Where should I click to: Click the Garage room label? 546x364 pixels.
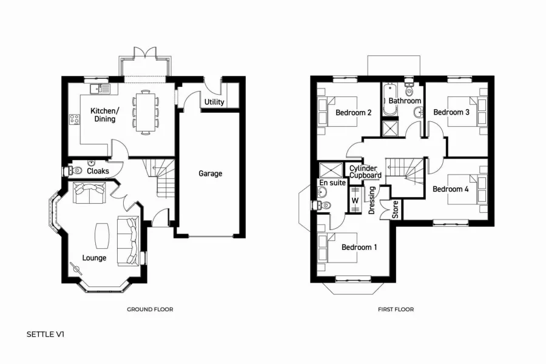[211, 174]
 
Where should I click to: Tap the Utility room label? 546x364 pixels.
[214, 102]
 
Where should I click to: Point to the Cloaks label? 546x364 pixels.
[98, 171]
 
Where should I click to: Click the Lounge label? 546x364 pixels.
[94, 258]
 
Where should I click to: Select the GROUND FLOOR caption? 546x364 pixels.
[150, 309]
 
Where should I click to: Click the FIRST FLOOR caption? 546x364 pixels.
[396, 309]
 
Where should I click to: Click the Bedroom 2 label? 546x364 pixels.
[353, 112]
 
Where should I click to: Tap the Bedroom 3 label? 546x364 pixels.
[451, 112]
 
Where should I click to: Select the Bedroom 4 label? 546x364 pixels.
[450, 189]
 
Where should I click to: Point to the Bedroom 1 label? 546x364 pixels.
[359, 248]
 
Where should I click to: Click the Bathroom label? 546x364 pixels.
[405, 101]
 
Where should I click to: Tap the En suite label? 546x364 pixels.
[332, 182]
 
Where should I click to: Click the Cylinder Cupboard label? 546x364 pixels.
[365, 172]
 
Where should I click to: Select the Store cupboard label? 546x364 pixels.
[396, 209]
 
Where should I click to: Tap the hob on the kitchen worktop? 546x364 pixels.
[75, 120]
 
